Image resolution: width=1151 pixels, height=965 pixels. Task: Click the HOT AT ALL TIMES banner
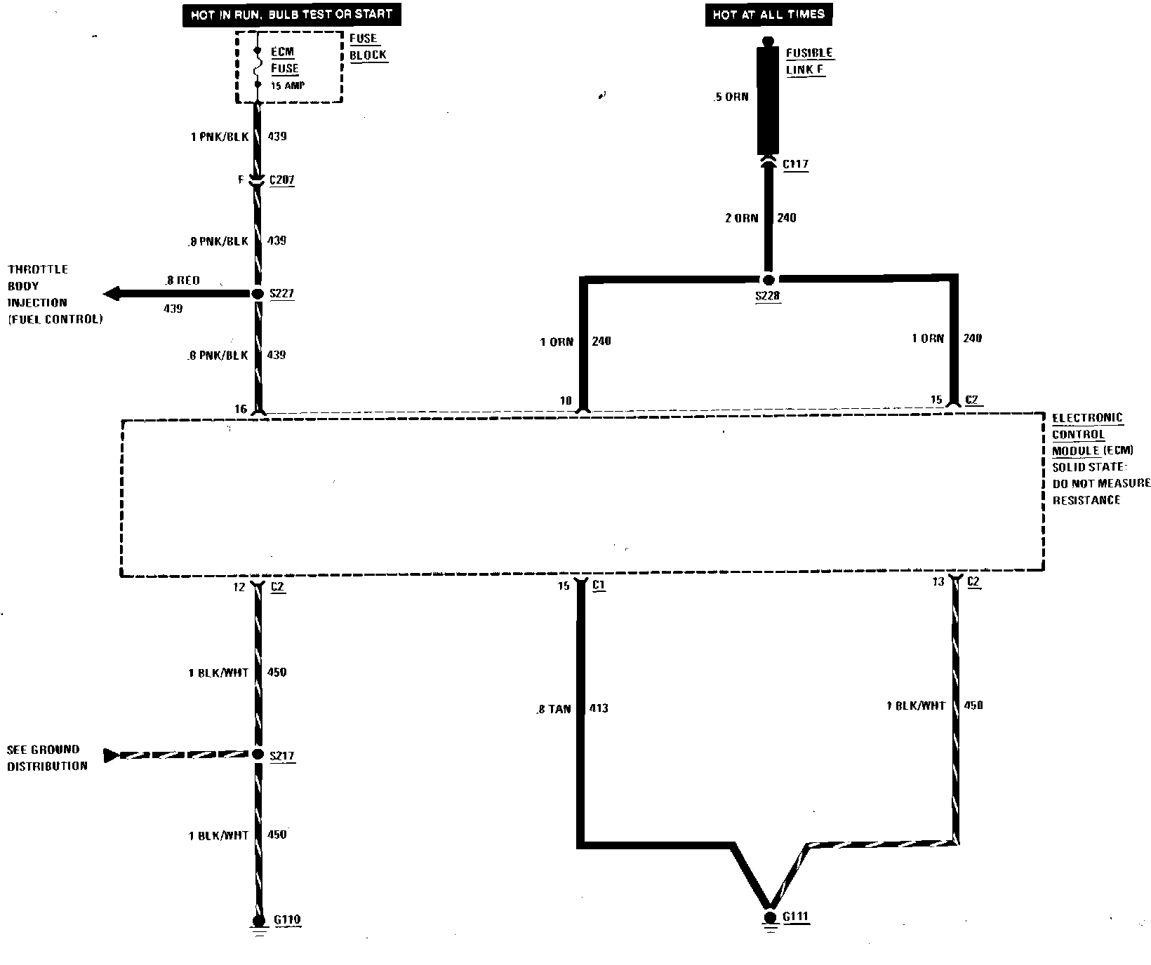pyautogui.click(x=769, y=14)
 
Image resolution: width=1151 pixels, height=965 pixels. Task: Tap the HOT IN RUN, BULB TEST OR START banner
pyautogui.click(x=291, y=14)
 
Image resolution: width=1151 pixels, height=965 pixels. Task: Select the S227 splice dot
pyautogui.click(x=258, y=294)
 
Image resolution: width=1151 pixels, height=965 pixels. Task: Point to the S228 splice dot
pyautogui.click(x=769, y=280)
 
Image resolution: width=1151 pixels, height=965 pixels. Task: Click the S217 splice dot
pyautogui.click(x=258, y=755)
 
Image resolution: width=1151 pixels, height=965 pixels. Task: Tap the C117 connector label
pyautogui.click(x=795, y=165)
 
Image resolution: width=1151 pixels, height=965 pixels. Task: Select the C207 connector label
pyautogui.click(x=281, y=180)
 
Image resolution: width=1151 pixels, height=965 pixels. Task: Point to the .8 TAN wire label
pyautogui.click(x=554, y=709)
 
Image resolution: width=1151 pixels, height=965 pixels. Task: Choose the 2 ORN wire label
pyautogui.click(x=742, y=218)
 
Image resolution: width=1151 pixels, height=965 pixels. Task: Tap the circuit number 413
pyautogui.click(x=599, y=708)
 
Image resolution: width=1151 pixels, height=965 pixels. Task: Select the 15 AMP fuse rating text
pyautogui.click(x=288, y=86)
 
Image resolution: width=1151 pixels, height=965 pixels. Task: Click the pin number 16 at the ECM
pyautogui.click(x=241, y=409)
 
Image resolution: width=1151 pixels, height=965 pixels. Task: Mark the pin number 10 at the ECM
pyautogui.click(x=566, y=401)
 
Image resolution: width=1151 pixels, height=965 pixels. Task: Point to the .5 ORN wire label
pyautogui.click(x=731, y=97)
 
